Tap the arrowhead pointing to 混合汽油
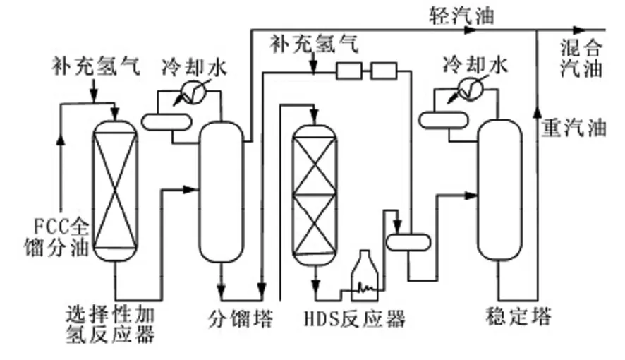click(579, 30)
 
